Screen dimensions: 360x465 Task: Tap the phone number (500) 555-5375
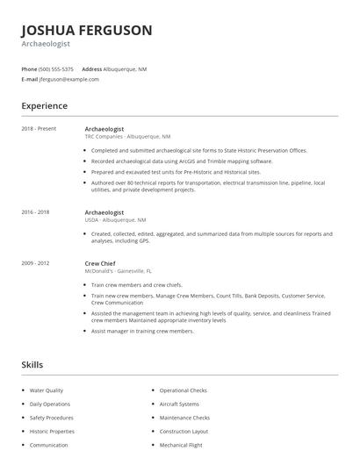pos(57,68)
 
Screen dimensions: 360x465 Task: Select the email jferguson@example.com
pos(69,79)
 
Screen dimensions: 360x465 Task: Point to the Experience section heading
pos(45,106)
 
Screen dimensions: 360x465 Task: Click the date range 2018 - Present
pos(39,129)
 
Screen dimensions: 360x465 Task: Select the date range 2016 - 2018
pos(35,212)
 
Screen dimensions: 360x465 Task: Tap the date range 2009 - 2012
pos(35,262)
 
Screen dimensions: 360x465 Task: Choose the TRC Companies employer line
pos(127,137)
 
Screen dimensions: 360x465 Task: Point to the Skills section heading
pos(32,364)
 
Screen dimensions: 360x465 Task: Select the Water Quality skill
pos(47,390)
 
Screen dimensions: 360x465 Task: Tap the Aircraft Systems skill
pos(179,404)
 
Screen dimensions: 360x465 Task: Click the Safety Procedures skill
pos(52,418)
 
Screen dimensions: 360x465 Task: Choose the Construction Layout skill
pos(184,432)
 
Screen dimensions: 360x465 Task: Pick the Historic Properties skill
pos(52,432)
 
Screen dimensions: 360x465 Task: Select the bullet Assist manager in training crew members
pos(142,331)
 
